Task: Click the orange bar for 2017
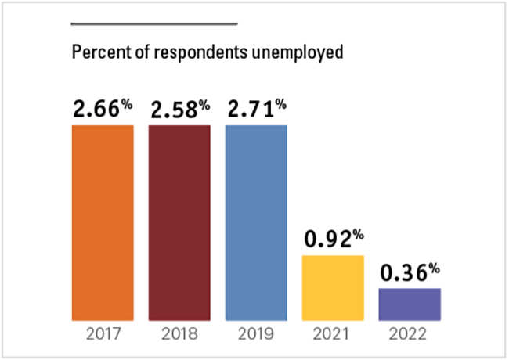[103, 222]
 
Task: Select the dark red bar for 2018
[179, 222]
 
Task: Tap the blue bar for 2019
[256, 222]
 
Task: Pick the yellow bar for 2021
[333, 288]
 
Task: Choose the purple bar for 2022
[409, 304]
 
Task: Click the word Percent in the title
[96, 53]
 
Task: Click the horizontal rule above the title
[153, 23]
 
